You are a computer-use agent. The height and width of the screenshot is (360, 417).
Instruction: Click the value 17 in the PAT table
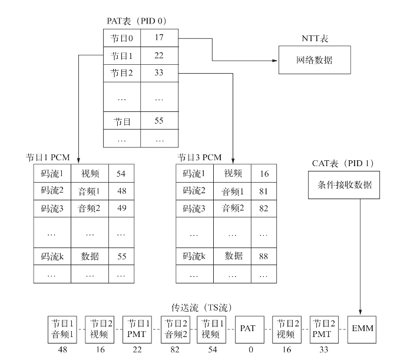pyautogui.click(x=159, y=38)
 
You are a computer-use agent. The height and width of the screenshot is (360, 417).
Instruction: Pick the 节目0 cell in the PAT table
pyautogui.click(x=122, y=38)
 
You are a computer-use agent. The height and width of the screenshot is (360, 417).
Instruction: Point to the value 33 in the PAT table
pyautogui.click(x=159, y=74)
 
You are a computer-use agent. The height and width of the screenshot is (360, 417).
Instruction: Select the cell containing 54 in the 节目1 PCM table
pyautogui.click(x=121, y=173)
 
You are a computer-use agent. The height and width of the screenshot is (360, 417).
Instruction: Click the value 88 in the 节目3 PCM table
pyautogui.click(x=263, y=256)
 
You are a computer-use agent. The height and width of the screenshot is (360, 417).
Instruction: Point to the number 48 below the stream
pyautogui.click(x=62, y=349)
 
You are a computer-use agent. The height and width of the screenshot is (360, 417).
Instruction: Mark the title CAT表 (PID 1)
pyautogui.click(x=341, y=162)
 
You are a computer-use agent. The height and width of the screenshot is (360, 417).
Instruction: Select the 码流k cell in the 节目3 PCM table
pyautogui.click(x=194, y=256)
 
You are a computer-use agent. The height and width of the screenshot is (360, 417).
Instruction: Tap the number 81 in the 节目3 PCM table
pyautogui.click(x=263, y=191)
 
